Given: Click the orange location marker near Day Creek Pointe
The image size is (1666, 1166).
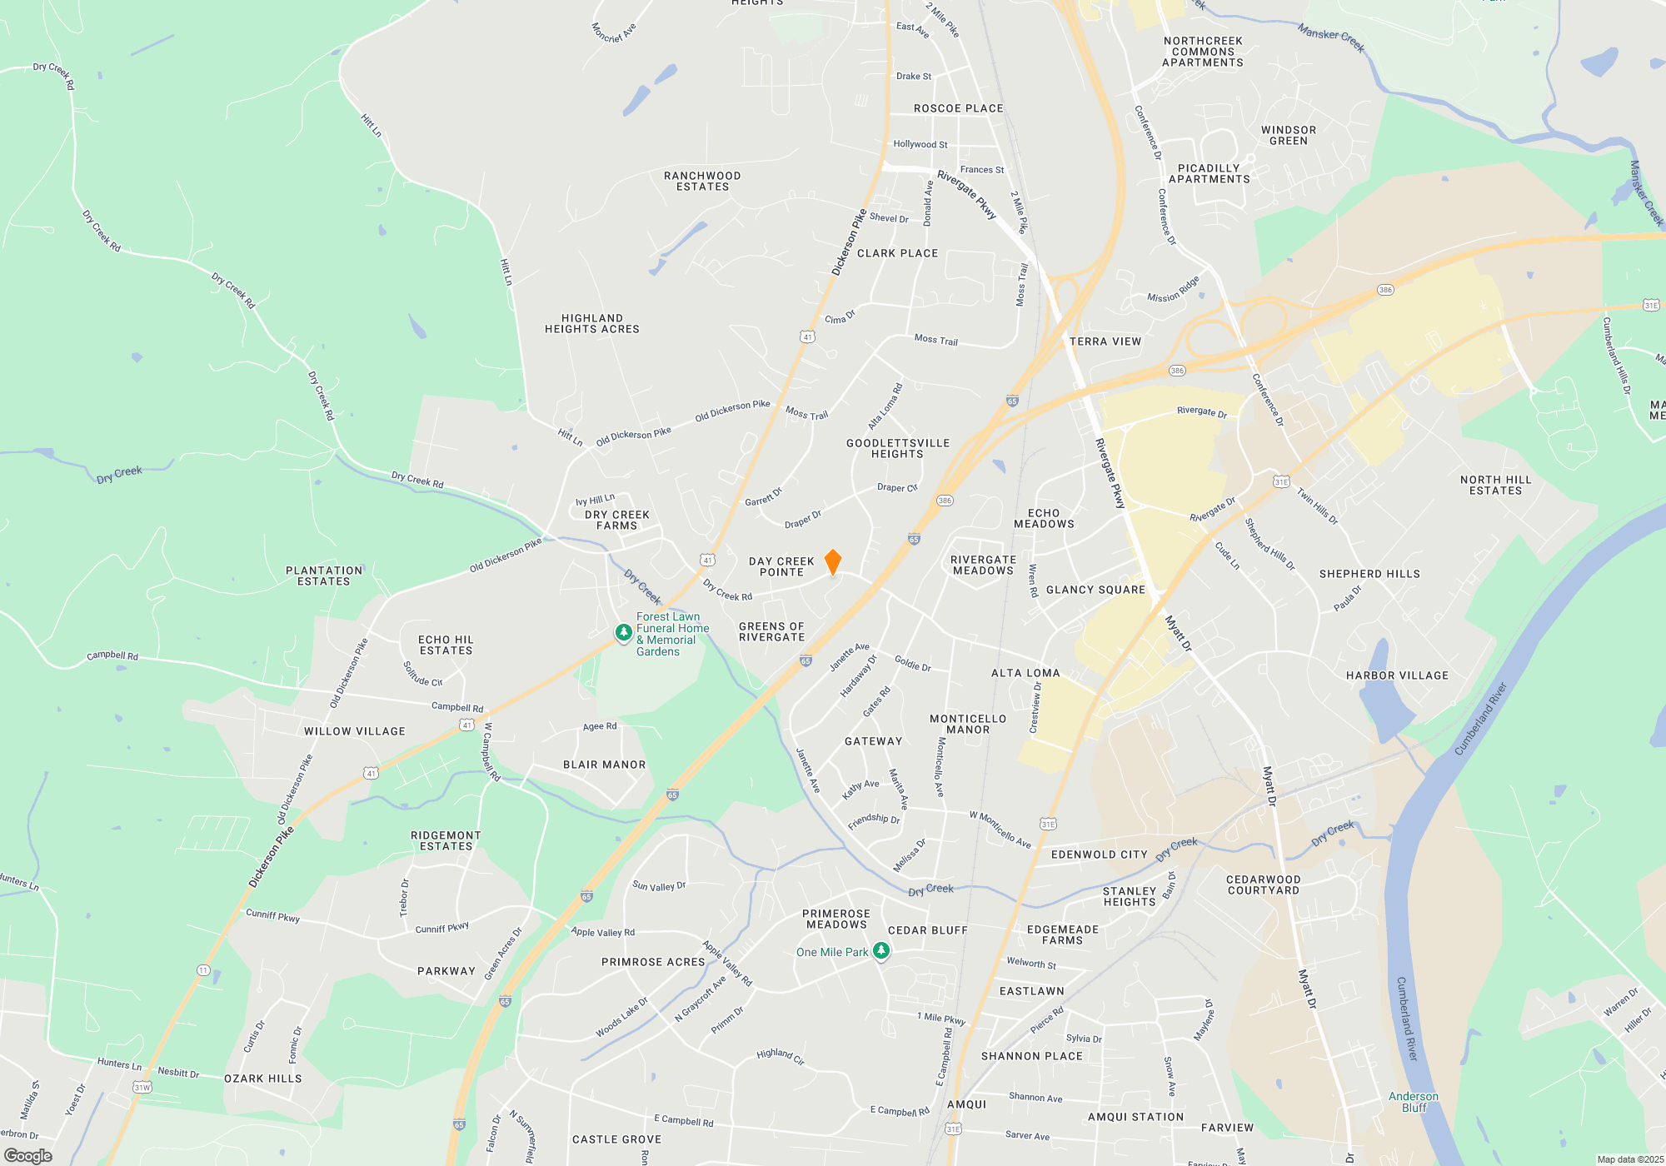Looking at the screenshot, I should [832, 562].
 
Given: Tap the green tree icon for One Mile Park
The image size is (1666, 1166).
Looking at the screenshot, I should [880, 951].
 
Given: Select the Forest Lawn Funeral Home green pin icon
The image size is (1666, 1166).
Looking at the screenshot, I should [623, 633].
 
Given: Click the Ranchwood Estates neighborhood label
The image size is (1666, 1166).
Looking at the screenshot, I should [702, 182].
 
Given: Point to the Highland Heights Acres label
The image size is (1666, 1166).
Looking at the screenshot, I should [592, 324].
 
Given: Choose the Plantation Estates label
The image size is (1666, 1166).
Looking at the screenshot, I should [324, 576].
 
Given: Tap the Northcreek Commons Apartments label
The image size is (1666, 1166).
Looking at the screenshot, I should [1203, 52].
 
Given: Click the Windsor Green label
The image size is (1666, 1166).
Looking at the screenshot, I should [1289, 136].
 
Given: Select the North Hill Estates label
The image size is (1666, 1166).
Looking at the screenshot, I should [1495, 486].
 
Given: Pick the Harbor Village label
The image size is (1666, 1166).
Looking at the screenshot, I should [1397, 675].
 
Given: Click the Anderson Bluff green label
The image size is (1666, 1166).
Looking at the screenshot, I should [1414, 1102].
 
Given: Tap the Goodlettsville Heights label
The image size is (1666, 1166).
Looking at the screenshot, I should [898, 449].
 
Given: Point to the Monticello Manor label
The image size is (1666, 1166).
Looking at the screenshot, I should [968, 725].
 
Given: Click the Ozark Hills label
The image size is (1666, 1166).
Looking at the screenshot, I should [263, 1079].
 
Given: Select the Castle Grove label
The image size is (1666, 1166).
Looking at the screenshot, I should [616, 1139].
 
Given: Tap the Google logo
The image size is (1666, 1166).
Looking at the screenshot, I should [28, 1156].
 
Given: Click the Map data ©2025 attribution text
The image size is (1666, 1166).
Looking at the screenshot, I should [1630, 1159].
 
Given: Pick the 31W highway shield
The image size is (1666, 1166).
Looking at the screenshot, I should [142, 1088].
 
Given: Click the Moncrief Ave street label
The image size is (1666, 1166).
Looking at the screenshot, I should [614, 32].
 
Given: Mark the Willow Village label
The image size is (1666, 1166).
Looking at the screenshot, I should [355, 731].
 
